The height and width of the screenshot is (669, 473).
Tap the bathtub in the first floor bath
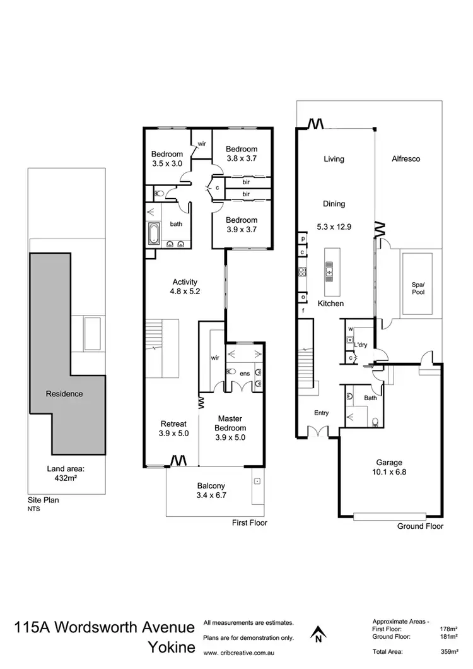click(x=154, y=233)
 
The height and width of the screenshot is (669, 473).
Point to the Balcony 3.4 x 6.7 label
click(x=211, y=490)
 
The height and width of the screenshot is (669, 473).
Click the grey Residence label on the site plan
click(x=64, y=394)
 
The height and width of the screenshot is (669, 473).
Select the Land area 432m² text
click(x=66, y=473)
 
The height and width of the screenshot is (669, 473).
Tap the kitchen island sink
click(x=329, y=273)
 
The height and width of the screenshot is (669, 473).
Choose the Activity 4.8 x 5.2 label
click(x=185, y=287)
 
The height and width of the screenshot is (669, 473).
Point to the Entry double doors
click(x=318, y=432)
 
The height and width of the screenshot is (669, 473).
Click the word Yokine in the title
click(x=170, y=648)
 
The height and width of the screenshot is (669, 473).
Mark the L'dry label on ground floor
click(x=361, y=345)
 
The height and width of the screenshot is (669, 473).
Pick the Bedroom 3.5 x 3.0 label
click(x=166, y=158)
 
